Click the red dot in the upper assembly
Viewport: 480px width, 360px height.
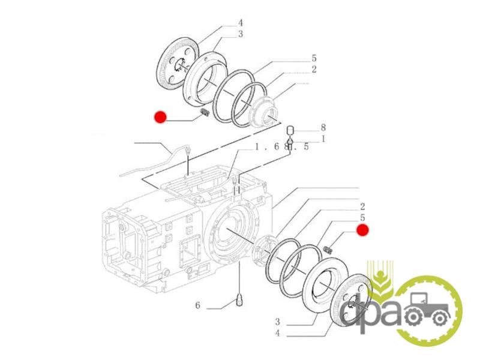pos(160,117)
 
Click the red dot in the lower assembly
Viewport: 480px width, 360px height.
pos(362,230)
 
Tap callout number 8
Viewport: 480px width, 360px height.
pos(323,127)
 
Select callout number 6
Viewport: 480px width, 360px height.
pos(197,305)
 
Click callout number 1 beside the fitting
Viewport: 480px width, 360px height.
pos(323,139)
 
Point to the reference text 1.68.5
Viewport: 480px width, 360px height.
pos(281,147)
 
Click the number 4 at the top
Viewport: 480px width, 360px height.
pos(241,23)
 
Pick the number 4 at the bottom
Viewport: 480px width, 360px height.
pos(277,333)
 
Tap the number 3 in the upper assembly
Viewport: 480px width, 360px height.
pos(241,34)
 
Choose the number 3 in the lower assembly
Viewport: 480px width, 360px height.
pos(277,322)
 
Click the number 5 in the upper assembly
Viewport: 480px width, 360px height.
pos(314,58)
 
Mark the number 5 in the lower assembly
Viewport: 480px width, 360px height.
pos(363,218)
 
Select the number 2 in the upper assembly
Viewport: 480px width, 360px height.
pos(314,70)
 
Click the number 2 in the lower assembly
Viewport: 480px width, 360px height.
pos(363,206)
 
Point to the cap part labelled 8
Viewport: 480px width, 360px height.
pos(290,131)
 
